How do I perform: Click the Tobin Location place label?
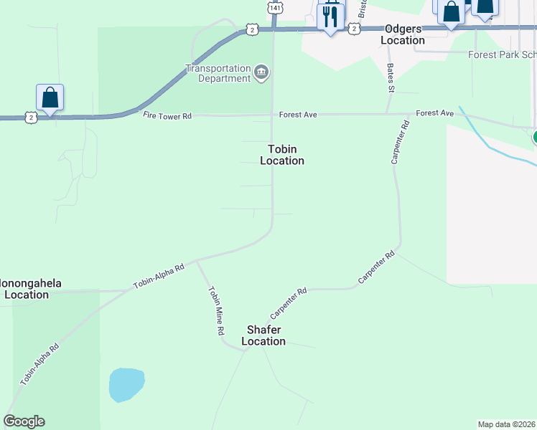coord(282,155)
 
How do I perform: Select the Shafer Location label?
coord(263,335)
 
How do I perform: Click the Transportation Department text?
coord(217,73)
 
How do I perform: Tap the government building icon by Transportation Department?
coord(261,71)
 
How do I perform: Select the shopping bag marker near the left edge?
coord(50,97)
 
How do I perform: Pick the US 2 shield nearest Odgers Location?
coord(353,28)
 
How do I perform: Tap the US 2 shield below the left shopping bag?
coord(30,116)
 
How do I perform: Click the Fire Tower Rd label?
coord(167,115)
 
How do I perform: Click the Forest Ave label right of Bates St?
coord(435,113)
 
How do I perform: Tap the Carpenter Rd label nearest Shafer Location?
coord(289,303)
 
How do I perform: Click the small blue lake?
coord(126,385)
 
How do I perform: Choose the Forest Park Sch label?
coord(502,54)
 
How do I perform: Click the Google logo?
coord(24,421)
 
